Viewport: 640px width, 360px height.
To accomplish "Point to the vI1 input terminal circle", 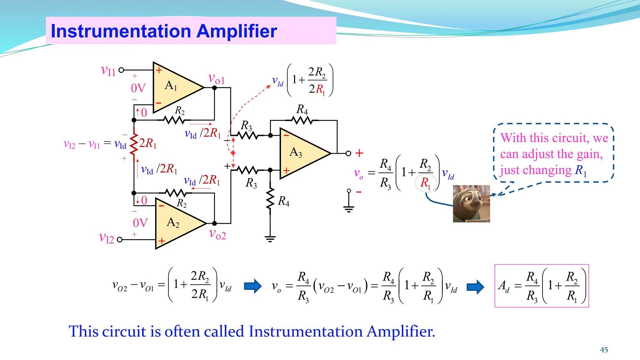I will tap(121, 70).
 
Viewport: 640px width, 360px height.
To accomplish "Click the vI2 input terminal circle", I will tap(119, 240).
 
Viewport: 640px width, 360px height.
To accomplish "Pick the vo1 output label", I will tap(216, 79).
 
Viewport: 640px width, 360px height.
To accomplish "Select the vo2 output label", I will tap(217, 234).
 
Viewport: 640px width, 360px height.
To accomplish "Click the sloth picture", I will tap(471, 203).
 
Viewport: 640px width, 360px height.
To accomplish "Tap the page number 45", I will tap(604, 350).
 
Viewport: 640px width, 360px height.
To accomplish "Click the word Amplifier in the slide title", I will tap(237, 31).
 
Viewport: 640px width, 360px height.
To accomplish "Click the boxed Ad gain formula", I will tap(542, 286).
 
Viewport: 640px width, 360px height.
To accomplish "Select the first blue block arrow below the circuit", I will tap(252, 286).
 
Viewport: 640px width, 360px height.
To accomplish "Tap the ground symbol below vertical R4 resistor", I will tap(270, 239).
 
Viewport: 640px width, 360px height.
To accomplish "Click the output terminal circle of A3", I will tap(348, 153).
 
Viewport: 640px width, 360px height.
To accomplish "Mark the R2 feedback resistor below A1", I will tap(175, 120).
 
